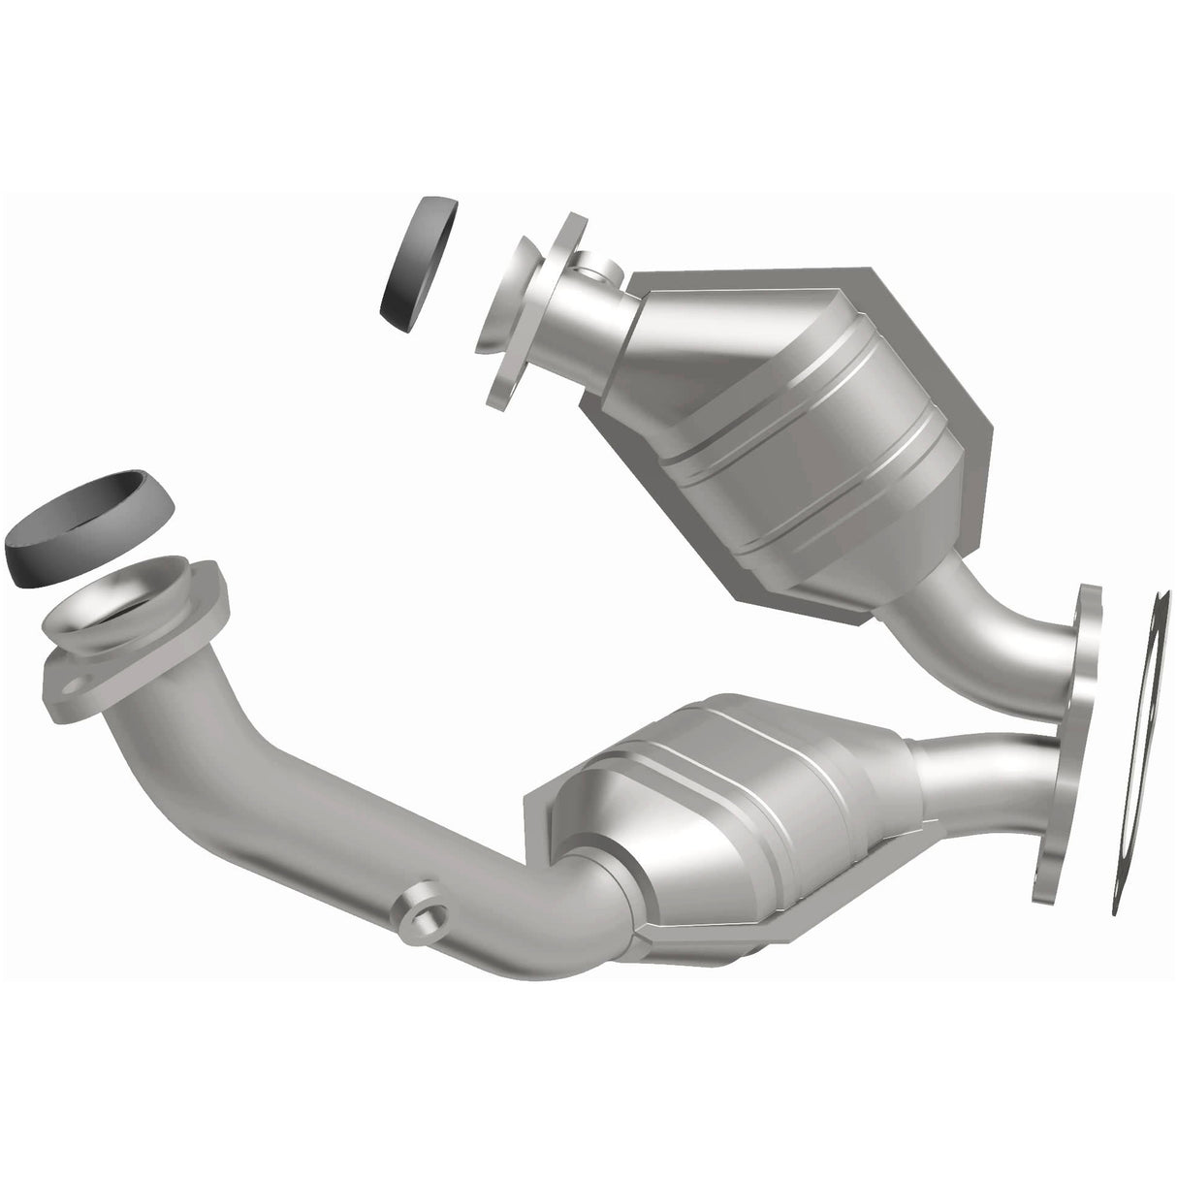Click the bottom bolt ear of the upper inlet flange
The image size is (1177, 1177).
coord(504,388)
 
